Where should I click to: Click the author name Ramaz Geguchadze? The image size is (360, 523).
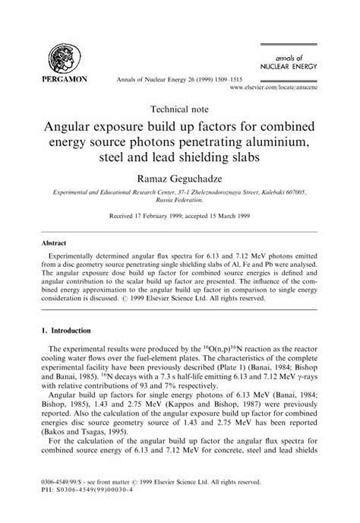(180, 179)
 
